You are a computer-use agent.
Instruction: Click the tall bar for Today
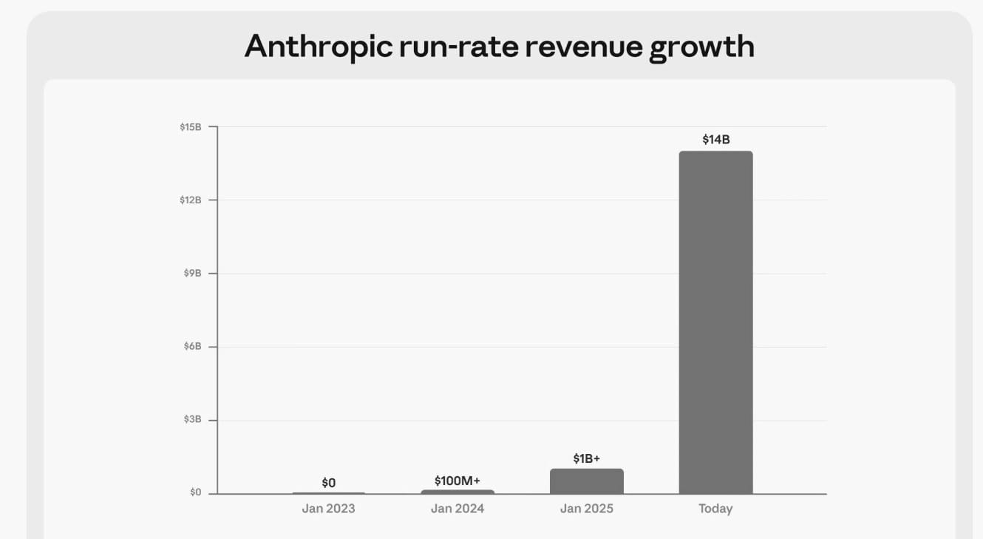[715, 322]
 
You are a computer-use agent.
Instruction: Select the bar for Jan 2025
[586, 481]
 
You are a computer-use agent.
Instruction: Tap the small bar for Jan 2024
[458, 492]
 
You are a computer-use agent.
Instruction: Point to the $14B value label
[715, 139]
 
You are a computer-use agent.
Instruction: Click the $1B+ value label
[586, 458]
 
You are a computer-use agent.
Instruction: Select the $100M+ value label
[458, 481]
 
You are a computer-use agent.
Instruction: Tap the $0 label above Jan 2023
[328, 483]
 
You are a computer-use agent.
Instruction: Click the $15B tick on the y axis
[191, 127]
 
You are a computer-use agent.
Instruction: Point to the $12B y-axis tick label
[191, 200]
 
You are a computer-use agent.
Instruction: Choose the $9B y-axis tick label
[192, 274]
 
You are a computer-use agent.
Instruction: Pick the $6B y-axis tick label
[192, 347]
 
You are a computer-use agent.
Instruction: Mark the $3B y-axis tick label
[192, 420]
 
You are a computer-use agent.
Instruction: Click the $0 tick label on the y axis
[195, 492]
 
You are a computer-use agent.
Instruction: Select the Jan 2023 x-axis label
[328, 509]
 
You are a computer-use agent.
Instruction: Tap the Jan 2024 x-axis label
[458, 509]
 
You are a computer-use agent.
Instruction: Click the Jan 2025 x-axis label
[586, 509]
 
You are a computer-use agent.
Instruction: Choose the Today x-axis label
[715, 509]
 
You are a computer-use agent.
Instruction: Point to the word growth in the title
[701, 47]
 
